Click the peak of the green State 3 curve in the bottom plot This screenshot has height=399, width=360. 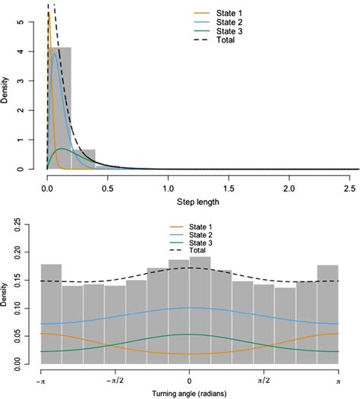(189, 334)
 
